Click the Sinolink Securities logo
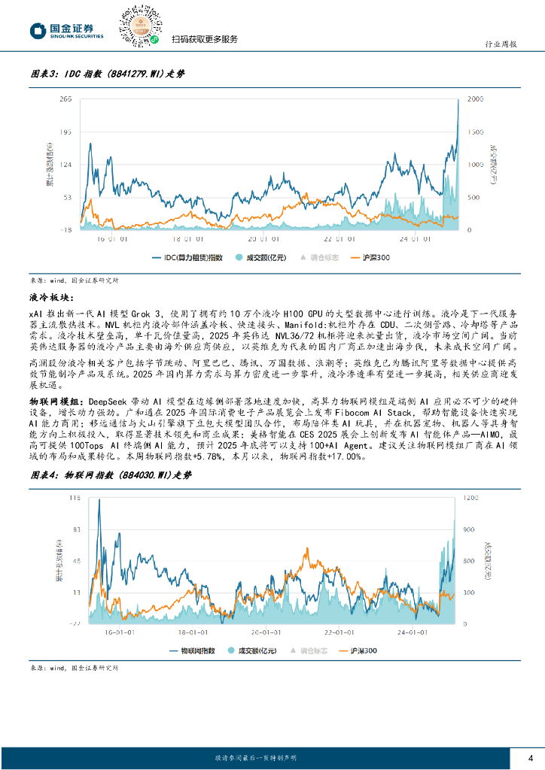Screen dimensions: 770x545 [x=66, y=30]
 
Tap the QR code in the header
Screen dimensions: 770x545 [x=142, y=25]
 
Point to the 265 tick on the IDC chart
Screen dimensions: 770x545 [x=65, y=99]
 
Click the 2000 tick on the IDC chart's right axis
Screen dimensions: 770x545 [x=476, y=99]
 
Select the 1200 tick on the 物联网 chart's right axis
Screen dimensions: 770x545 [x=470, y=499]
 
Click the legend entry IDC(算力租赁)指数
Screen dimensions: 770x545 [x=187, y=257]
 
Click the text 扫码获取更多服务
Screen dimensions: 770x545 [x=204, y=39]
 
